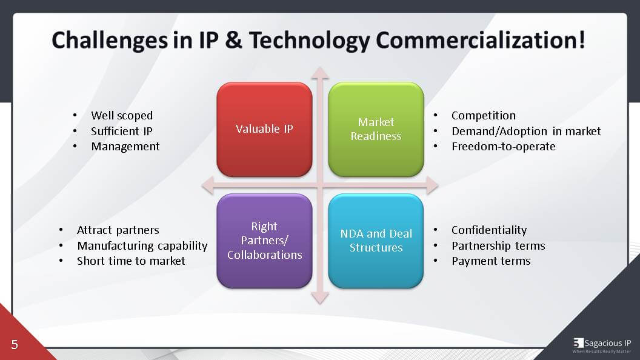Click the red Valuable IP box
pyautogui.click(x=265, y=129)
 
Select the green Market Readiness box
pyautogui.click(x=376, y=129)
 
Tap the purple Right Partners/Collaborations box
pyautogui.click(x=265, y=241)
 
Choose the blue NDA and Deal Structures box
pyautogui.click(x=376, y=241)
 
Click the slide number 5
pyautogui.click(x=15, y=345)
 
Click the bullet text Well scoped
pyautogui.click(x=122, y=115)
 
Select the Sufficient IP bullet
pyautogui.click(x=122, y=131)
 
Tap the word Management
pyautogui.click(x=125, y=146)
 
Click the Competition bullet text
pyautogui.click(x=484, y=115)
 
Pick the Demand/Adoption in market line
pyautogui.click(x=526, y=131)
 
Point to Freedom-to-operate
pyautogui.click(x=503, y=146)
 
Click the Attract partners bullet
pyautogui.click(x=118, y=230)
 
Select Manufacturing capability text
pyautogui.click(x=142, y=245)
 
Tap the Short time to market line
pyautogui.click(x=131, y=261)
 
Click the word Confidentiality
pyautogui.click(x=489, y=230)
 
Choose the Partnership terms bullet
pyautogui.click(x=498, y=245)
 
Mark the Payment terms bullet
pyautogui.click(x=491, y=261)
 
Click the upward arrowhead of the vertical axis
pyautogui.click(x=320, y=73)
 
